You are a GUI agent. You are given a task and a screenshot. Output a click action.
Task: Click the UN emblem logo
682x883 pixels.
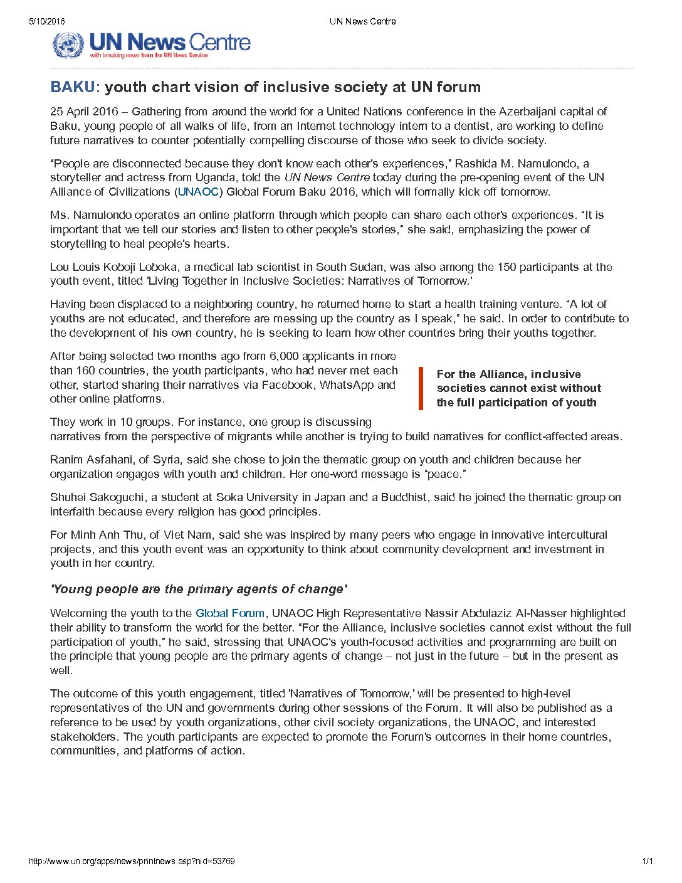[68, 45]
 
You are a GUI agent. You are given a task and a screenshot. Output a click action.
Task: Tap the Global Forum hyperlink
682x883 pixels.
[230, 613]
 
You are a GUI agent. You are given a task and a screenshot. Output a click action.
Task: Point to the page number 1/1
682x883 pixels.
[648, 861]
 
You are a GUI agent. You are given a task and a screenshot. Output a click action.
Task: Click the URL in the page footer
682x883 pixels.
[132, 861]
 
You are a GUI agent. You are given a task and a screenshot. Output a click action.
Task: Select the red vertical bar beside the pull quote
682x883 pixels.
[421, 388]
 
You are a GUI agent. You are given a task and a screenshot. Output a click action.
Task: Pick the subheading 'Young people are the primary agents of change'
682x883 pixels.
[199, 590]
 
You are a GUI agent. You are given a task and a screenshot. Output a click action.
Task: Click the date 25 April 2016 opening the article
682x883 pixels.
[84, 112]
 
